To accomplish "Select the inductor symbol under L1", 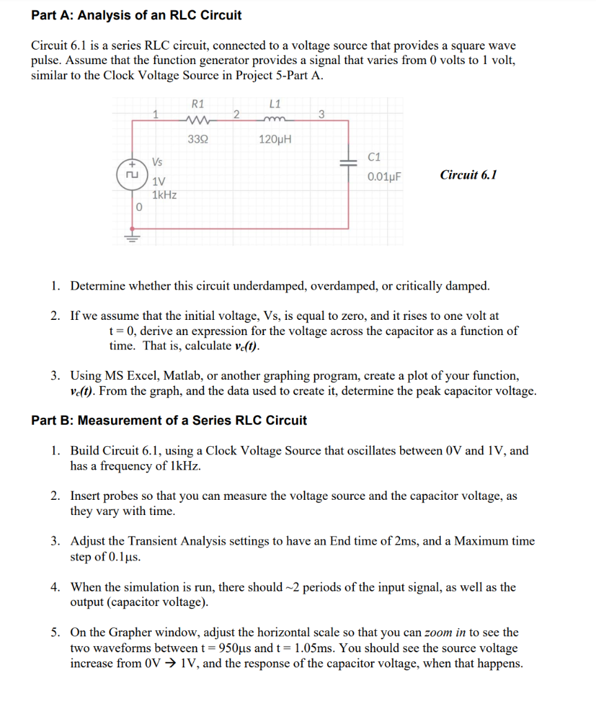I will tap(274, 119).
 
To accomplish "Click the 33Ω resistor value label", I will tap(197, 139).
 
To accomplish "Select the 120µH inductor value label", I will tap(275, 139).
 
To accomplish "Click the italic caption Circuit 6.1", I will tap(468, 174).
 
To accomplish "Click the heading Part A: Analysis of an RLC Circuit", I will tap(137, 14).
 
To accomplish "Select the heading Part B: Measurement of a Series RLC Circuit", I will tap(169, 420).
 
